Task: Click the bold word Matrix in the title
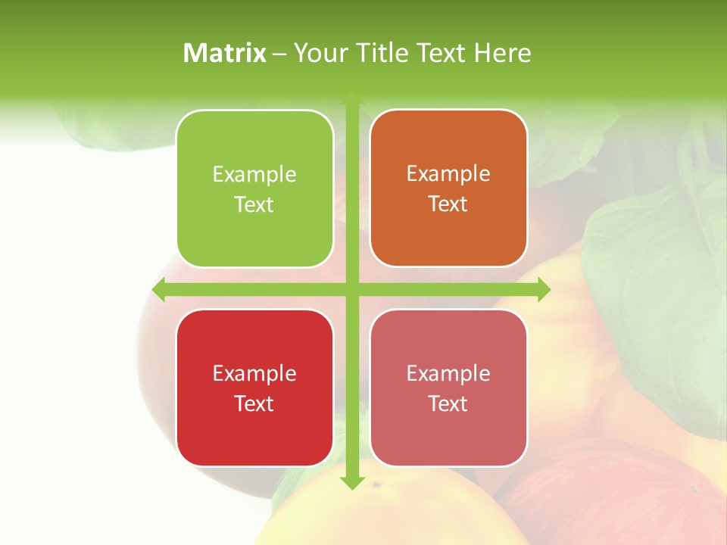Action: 225,53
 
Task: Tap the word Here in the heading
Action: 502,53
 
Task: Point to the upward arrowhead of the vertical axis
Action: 352,96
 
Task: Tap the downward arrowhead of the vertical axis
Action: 352,484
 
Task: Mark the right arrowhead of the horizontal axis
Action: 544,290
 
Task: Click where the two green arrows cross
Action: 352,290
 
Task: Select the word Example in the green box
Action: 254,175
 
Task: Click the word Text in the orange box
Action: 448,204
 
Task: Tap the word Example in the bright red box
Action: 254,374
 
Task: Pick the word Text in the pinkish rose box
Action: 448,403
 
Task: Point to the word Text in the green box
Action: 254,205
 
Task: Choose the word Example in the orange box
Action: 448,174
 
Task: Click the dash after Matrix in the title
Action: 279,54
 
